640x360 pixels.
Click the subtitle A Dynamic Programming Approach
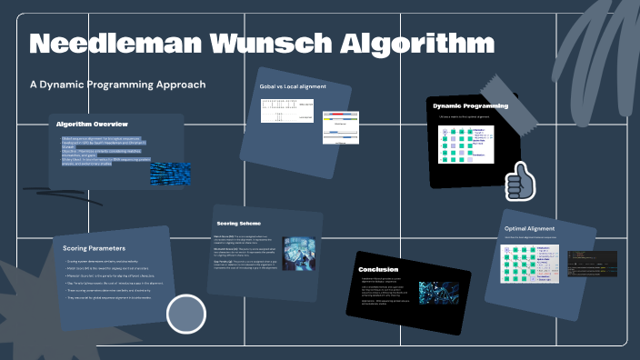tap(117, 85)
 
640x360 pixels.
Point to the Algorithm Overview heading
tap(92, 124)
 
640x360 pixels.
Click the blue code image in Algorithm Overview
tap(170, 173)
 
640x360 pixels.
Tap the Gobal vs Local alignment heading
tap(293, 86)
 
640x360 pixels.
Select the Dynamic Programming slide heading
tap(470, 105)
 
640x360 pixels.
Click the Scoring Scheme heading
tap(241, 223)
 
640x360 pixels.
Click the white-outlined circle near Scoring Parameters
tap(185, 314)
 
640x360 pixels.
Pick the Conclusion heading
tap(378, 269)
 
